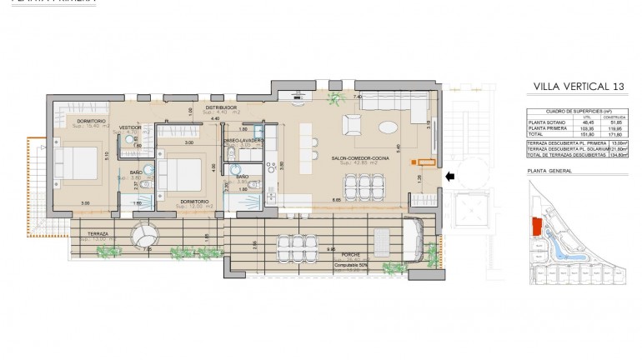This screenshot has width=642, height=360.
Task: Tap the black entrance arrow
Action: (450, 176)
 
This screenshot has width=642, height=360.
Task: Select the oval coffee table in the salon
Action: (390, 127)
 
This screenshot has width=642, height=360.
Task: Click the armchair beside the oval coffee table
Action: (353, 126)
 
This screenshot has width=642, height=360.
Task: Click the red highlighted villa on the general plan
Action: (537, 225)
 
